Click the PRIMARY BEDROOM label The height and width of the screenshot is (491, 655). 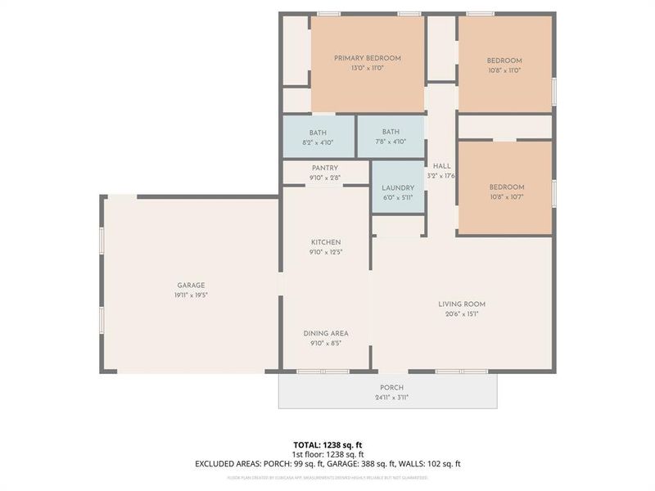pyautogui.click(x=368, y=58)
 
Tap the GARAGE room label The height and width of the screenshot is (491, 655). pyautogui.click(x=190, y=286)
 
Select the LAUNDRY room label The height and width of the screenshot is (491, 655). pyautogui.click(x=398, y=187)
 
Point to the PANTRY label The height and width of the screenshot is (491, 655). pyautogui.click(x=325, y=169)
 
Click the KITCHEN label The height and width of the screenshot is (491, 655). pyautogui.click(x=326, y=242)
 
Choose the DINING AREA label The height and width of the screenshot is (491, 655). pyautogui.click(x=326, y=333)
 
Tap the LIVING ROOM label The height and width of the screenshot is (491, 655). pyautogui.click(x=462, y=304)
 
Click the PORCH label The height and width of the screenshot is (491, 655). pyautogui.click(x=391, y=388)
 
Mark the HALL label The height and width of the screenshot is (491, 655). pyautogui.click(x=442, y=166)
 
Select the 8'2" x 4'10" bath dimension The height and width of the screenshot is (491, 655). pyautogui.click(x=318, y=143)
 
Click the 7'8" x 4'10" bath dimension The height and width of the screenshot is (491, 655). pyautogui.click(x=391, y=143)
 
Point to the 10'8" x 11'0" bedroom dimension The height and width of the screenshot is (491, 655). pyautogui.click(x=504, y=70)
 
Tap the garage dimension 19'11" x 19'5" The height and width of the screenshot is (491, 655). pyautogui.click(x=190, y=295)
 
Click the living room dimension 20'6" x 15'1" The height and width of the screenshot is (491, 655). pyautogui.click(x=462, y=314)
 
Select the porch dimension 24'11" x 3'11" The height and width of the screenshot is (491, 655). pyautogui.click(x=391, y=398)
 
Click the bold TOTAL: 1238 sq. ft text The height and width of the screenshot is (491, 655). pyautogui.click(x=328, y=444)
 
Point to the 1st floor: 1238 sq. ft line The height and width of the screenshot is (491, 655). pyautogui.click(x=328, y=454)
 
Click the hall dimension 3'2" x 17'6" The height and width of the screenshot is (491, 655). pyautogui.click(x=441, y=176)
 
